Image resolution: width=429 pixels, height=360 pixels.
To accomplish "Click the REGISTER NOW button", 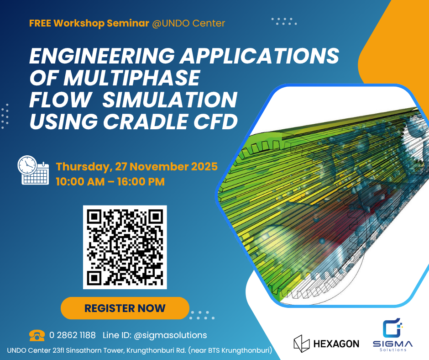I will pyautogui.click(x=125, y=308).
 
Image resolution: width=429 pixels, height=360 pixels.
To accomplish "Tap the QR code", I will pyautogui.click(x=125, y=247).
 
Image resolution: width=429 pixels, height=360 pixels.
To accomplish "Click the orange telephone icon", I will pyautogui.click(x=37, y=335).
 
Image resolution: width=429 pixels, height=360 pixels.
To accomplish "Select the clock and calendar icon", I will pyautogui.click(x=33, y=170).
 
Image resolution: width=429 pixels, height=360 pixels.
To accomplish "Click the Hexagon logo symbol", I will pyautogui.click(x=302, y=343).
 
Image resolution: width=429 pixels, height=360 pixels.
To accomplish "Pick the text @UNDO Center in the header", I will pyautogui.click(x=194, y=23).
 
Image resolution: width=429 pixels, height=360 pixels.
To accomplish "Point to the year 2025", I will pyautogui.click(x=200, y=166).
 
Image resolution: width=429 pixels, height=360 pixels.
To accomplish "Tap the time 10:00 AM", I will pyautogui.click(x=78, y=181).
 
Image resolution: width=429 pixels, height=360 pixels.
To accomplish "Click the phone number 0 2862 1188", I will pyautogui.click(x=72, y=335).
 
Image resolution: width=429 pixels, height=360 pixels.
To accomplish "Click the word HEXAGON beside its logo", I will pyautogui.click(x=337, y=344).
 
